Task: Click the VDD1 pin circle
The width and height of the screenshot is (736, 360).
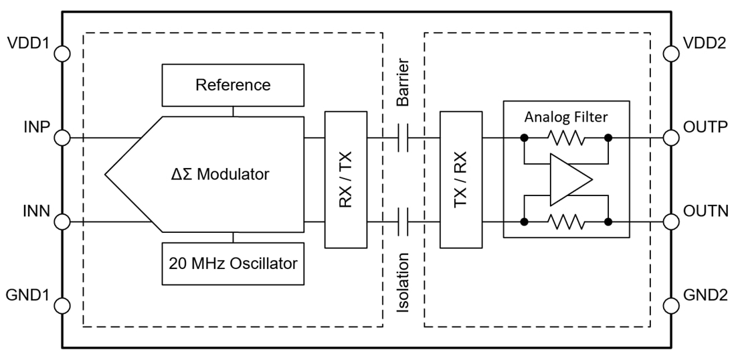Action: pyautogui.click(x=62, y=54)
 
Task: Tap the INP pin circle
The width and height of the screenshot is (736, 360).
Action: pyautogui.click(x=62, y=139)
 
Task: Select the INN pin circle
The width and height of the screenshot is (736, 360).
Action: pyautogui.click(x=62, y=222)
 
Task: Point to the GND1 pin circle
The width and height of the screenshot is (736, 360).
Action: pyautogui.click(x=62, y=306)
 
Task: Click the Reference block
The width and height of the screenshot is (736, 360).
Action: pyautogui.click(x=233, y=85)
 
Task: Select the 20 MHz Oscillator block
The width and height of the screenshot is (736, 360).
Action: pyautogui.click(x=233, y=263)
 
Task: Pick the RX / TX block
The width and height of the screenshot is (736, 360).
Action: pyautogui.click(x=346, y=180)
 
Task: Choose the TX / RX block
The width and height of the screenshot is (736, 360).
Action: pyautogui.click(x=461, y=180)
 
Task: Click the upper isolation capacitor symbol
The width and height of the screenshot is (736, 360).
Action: pyautogui.click(x=403, y=139)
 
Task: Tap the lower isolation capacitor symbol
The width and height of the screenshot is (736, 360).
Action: pyautogui.click(x=403, y=222)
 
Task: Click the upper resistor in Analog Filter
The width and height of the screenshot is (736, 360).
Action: pyautogui.click(x=566, y=139)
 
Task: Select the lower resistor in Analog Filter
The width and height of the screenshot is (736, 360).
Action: pyautogui.click(x=566, y=222)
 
